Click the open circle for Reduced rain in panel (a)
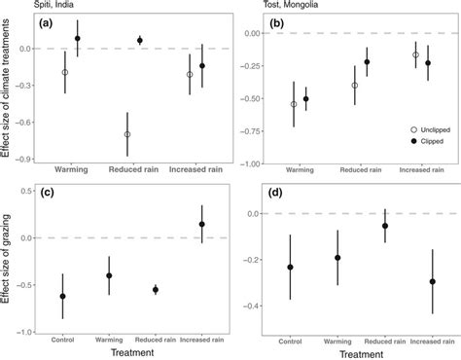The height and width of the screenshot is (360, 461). [126, 134]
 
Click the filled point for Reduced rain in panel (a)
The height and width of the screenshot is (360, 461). [140, 41]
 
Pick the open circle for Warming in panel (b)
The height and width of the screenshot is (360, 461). [294, 104]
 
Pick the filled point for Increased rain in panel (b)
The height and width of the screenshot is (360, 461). [429, 63]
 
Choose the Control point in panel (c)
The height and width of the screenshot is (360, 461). [63, 296]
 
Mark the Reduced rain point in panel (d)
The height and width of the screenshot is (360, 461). [384, 226]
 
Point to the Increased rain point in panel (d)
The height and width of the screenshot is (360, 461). [432, 281]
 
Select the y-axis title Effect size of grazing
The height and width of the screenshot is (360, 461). [9, 258]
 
